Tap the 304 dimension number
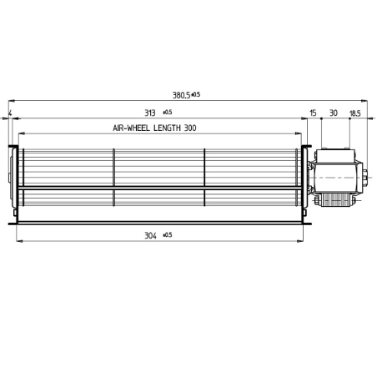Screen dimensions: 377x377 click(x=150, y=236)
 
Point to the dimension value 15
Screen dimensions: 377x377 click(x=313, y=112)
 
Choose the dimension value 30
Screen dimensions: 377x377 click(x=333, y=112)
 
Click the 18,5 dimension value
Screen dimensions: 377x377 click(x=354, y=112)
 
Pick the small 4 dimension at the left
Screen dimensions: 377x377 click(x=9, y=112)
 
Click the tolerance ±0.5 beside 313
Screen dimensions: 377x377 click(x=167, y=112)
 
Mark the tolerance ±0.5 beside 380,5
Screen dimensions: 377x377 click(x=196, y=94)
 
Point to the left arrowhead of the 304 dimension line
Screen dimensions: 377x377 click(x=19, y=242)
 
